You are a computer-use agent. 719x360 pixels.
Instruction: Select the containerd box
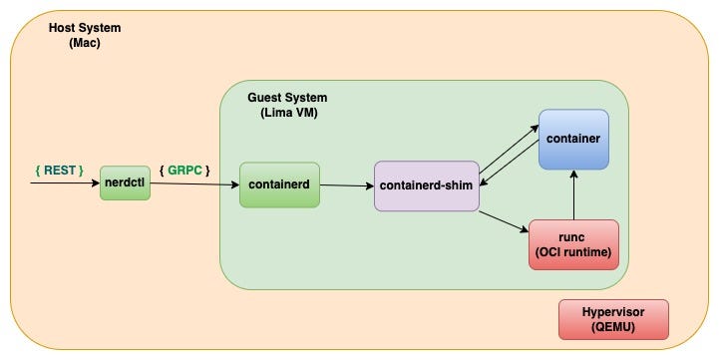pyautogui.click(x=279, y=184)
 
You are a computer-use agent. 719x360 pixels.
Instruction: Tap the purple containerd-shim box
pyautogui.click(x=427, y=185)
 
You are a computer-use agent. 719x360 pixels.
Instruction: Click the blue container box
pyautogui.click(x=573, y=139)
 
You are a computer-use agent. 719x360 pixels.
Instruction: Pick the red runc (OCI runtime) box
pyautogui.click(x=573, y=244)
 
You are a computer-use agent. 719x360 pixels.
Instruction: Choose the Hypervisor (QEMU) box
pyautogui.click(x=613, y=318)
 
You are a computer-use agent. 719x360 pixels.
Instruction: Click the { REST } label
pyautogui.click(x=59, y=171)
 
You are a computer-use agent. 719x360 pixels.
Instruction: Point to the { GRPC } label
pyautogui.click(x=184, y=171)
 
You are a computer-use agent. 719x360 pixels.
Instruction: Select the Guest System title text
pyautogui.click(x=287, y=98)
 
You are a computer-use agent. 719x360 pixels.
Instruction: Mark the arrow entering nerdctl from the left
pyautogui.click(x=65, y=184)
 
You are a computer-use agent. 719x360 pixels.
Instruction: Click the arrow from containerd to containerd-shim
pyautogui.click(x=346, y=185)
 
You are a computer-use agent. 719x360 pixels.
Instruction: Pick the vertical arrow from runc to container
pyautogui.click(x=573, y=193)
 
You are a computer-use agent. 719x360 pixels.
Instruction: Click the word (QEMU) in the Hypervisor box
pyautogui.click(x=613, y=326)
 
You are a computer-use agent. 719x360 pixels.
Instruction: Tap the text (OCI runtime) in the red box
pyautogui.click(x=573, y=251)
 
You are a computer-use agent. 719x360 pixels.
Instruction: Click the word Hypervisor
pyautogui.click(x=613, y=310)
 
